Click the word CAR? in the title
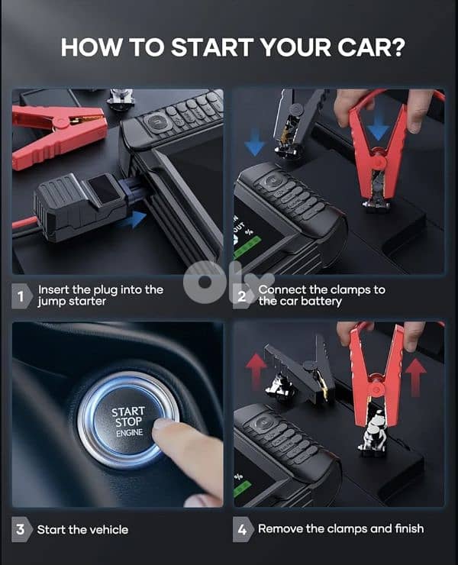[371, 47]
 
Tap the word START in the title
[212, 47]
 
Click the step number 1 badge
[21, 296]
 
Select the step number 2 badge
[242, 296]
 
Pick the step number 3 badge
[21, 529]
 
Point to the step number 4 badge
[242, 529]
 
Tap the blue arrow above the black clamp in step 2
[255, 142]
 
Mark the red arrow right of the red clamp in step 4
[416, 377]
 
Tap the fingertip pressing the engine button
[163, 429]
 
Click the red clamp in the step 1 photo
[58, 134]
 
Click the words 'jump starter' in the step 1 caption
[72, 302]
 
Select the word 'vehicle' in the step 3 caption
[109, 530]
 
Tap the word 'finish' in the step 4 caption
[409, 528]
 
